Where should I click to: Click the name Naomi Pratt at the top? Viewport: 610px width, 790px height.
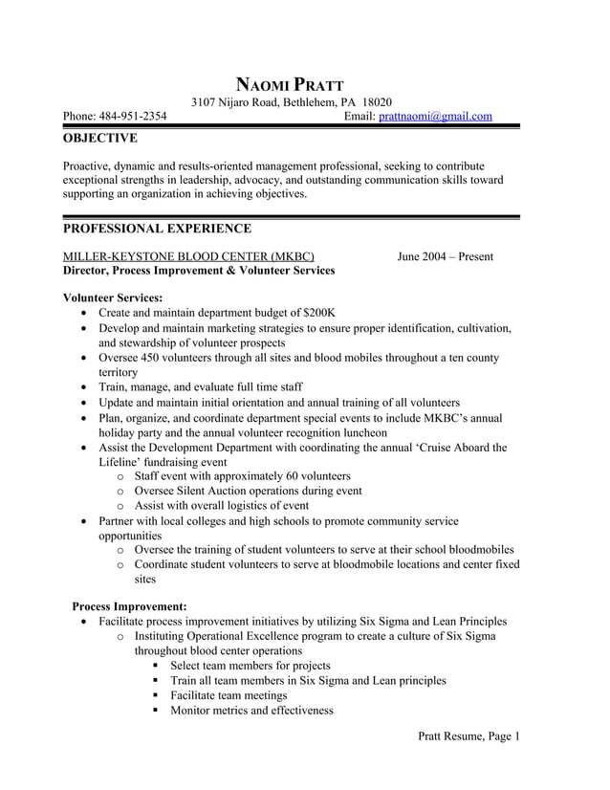[289, 83]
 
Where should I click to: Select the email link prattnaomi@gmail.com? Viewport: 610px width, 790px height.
[435, 117]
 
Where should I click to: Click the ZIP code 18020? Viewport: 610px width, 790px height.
[377, 102]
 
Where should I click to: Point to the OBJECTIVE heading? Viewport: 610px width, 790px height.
[99, 139]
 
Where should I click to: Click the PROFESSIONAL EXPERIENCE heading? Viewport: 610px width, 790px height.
[157, 229]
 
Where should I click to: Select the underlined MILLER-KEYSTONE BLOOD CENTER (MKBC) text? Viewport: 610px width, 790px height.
[187, 256]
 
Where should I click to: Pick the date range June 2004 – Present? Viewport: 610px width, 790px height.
[446, 256]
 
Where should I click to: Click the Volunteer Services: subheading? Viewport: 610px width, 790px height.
[112, 297]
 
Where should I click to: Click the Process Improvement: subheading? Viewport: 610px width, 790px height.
[129, 605]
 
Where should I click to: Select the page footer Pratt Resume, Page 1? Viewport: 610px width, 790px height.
[468, 735]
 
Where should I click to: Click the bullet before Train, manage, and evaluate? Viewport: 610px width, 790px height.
[87, 388]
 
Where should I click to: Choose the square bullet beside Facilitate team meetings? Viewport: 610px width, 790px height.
[156, 696]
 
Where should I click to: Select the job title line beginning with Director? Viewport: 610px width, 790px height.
[198, 271]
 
